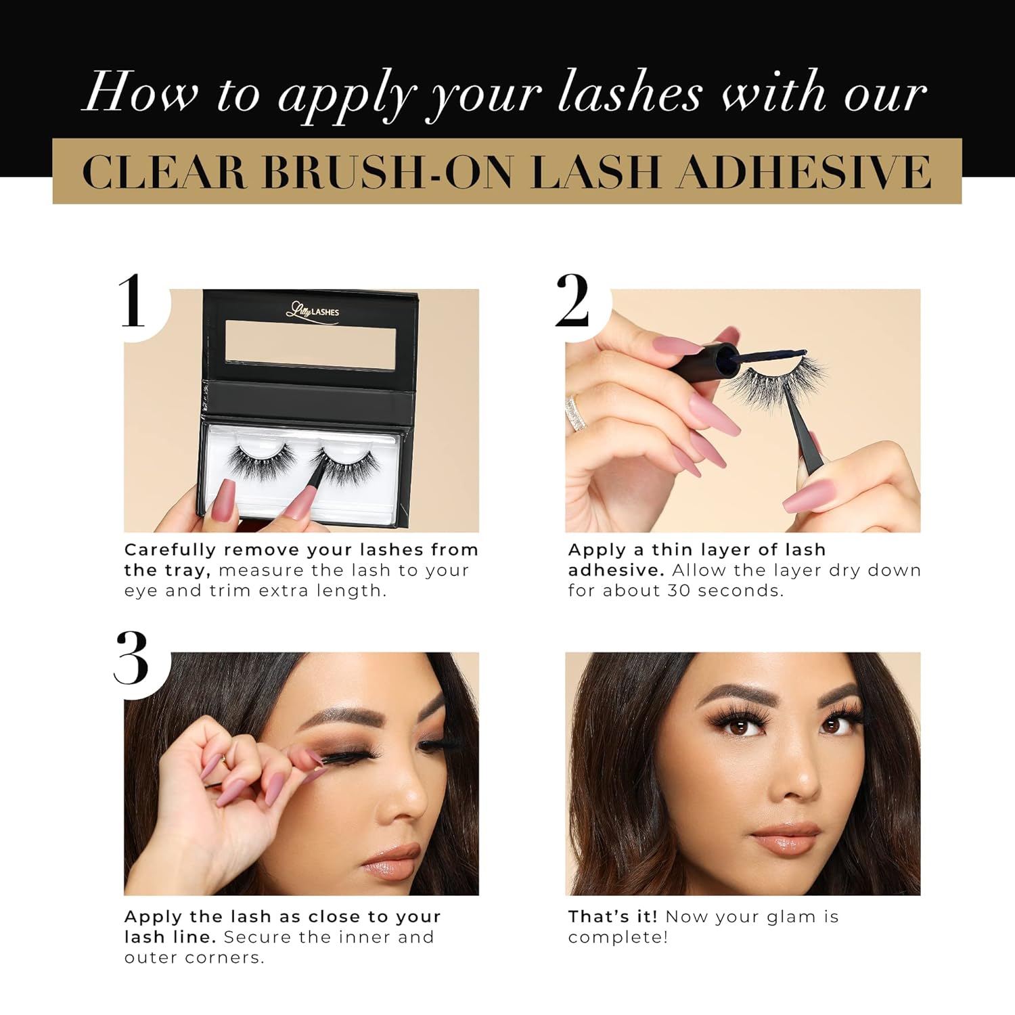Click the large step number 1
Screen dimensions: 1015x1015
(x=132, y=300)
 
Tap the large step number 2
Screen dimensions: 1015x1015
(x=572, y=300)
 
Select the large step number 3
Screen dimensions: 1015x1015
(x=131, y=658)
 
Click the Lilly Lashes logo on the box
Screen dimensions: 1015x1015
(x=312, y=311)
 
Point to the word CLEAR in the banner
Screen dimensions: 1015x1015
(x=164, y=171)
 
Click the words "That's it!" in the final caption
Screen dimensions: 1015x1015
(x=612, y=917)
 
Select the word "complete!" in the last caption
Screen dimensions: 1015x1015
(x=618, y=937)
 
